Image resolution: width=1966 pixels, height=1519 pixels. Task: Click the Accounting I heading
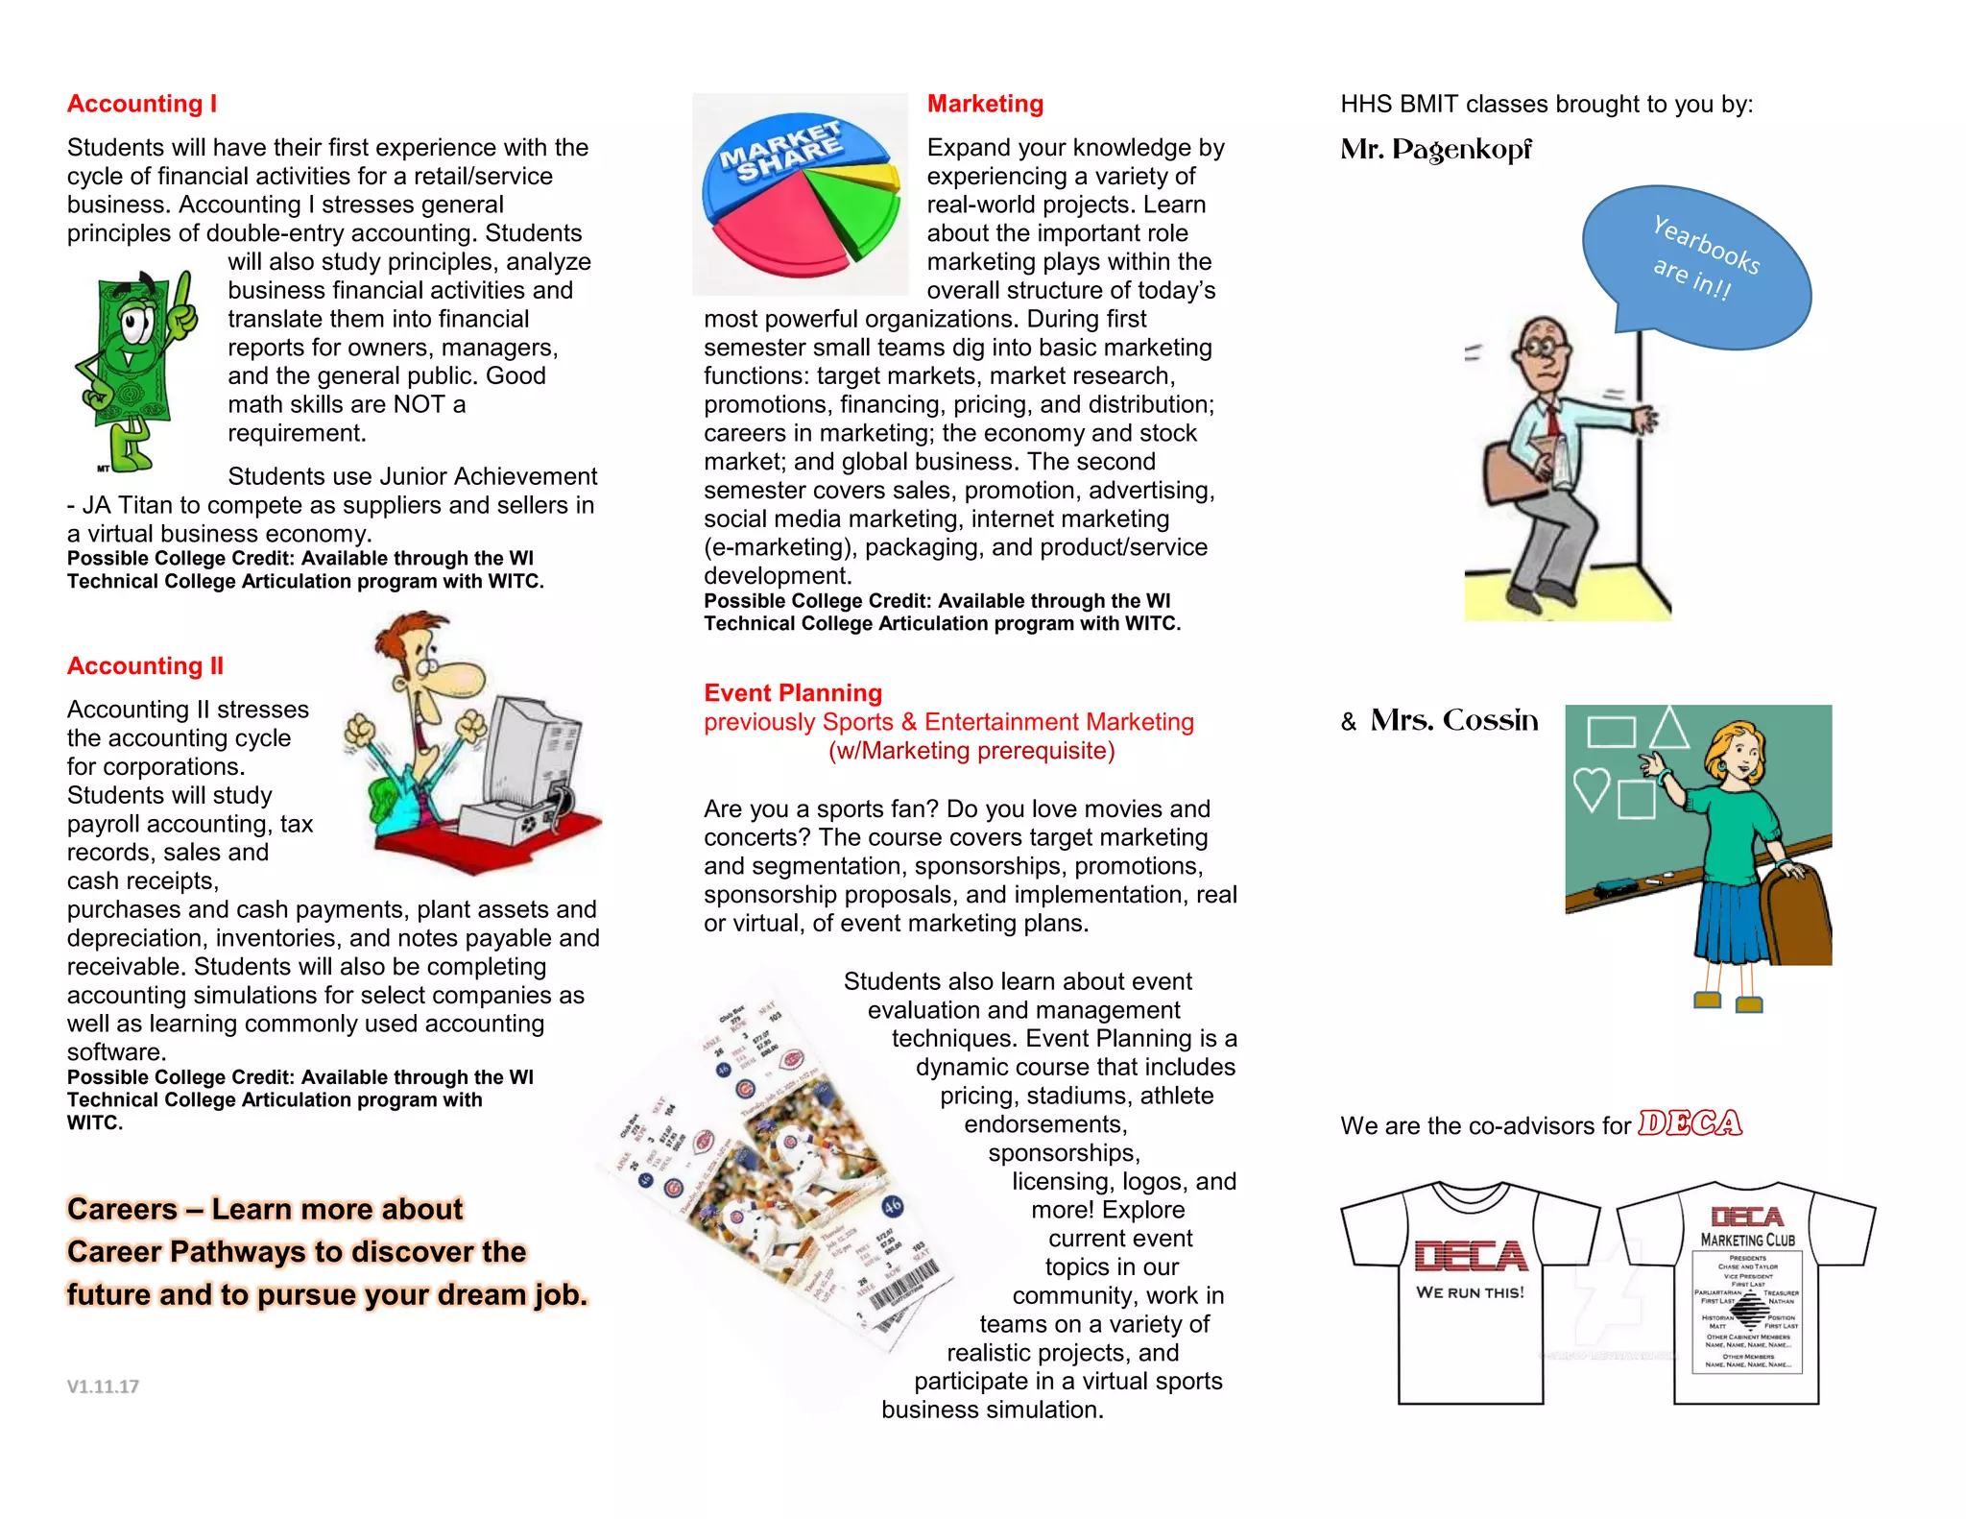[142, 104]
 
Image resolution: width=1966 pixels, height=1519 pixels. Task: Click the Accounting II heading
[145, 665]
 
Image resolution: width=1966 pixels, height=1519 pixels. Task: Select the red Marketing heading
[985, 104]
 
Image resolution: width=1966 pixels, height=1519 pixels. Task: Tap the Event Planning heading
[793, 693]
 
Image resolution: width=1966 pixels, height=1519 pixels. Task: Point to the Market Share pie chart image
[800, 194]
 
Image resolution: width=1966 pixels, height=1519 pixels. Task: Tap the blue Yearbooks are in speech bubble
[1696, 264]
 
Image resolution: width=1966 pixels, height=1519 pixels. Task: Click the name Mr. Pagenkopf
[1436, 150]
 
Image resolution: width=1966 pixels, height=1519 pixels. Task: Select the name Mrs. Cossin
[1453, 720]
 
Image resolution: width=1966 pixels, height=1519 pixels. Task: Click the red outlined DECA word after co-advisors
[1690, 1123]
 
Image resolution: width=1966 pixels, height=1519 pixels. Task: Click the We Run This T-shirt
[1470, 1291]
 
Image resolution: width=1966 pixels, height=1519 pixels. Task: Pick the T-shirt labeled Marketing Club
[1746, 1291]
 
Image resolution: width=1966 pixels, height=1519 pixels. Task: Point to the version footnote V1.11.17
[103, 1386]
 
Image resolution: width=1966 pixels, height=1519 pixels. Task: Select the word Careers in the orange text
[122, 1209]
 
